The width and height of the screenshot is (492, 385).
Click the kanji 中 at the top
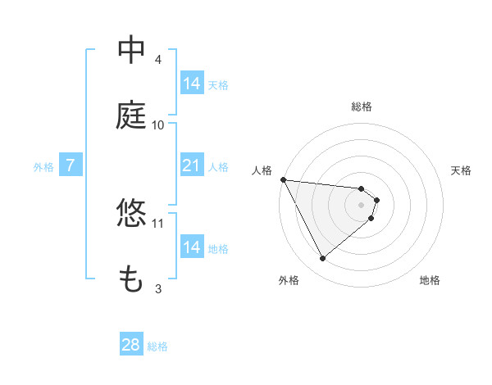point(131,51)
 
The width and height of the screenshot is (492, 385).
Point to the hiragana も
point(131,279)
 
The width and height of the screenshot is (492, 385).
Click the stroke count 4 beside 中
point(158,60)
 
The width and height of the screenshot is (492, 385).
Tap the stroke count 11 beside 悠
point(158,223)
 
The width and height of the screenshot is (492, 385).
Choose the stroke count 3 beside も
point(158,288)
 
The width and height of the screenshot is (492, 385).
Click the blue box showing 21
point(191,166)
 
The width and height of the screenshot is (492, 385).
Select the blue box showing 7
point(71,166)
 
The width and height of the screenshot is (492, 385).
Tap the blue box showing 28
point(131,346)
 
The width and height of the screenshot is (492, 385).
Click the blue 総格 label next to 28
point(157,346)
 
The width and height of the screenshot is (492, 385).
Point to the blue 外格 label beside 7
point(43,167)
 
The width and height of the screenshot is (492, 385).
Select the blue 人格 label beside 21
point(218,167)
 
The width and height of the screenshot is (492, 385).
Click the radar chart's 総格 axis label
point(362,106)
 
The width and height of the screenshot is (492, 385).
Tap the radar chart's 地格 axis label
point(430,280)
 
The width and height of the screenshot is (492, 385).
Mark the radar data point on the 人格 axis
point(283,179)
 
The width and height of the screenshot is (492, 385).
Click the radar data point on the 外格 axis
point(322,259)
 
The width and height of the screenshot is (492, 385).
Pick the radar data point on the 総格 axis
point(362,189)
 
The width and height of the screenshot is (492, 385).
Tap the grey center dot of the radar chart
point(362,204)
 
